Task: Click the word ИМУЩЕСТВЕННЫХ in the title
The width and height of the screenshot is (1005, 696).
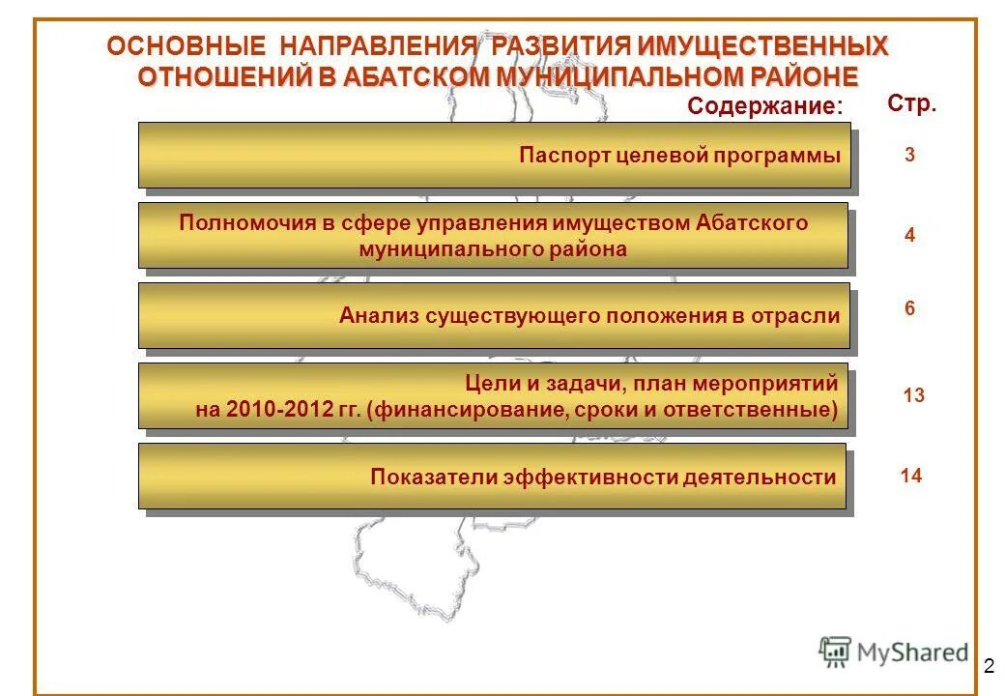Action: (x=762, y=46)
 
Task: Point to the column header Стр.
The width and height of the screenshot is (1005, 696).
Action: (x=911, y=103)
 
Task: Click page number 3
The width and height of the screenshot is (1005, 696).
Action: (x=910, y=155)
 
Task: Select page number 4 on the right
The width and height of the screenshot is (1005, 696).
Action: (x=910, y=236)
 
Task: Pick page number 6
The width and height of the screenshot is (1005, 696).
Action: (x=910, y=309)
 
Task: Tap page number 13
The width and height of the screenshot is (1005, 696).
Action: (x=912, y=395)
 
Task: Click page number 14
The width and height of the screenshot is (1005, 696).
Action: (x=910, y=476)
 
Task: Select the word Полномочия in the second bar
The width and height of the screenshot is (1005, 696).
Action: (x=247, y=223)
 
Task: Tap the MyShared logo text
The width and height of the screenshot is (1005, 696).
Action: (x=913, y=652)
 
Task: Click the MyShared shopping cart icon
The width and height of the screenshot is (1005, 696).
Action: (x=836, y=652)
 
